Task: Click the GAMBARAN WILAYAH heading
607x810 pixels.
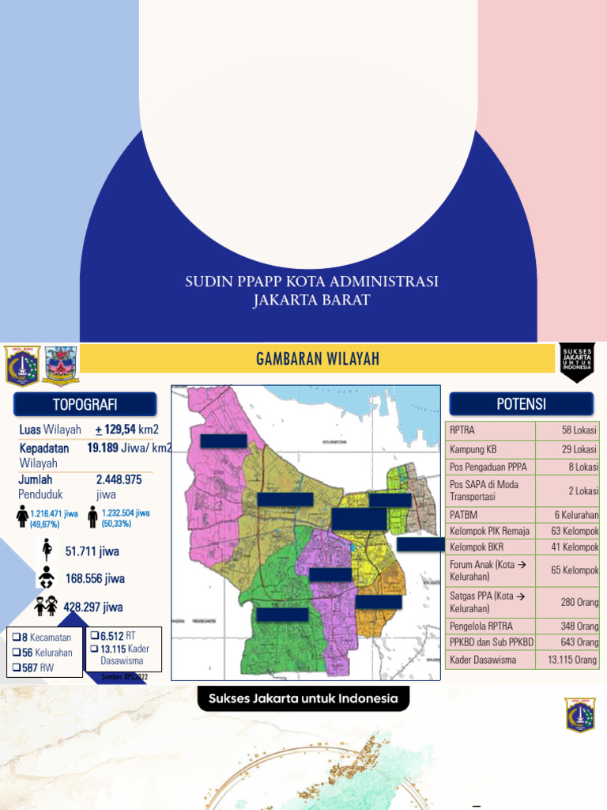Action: (318, 359)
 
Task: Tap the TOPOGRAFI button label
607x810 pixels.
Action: (85, 405)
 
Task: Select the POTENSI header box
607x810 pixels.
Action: (521, 404)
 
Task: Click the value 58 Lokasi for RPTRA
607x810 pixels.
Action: (567, 430)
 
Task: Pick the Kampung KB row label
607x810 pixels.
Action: (473, 449)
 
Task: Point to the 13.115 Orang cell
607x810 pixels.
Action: (567, 660)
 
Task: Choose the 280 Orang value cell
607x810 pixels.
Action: (567, 602)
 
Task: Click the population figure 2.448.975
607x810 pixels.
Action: (119, 479)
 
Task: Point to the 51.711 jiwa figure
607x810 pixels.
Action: (92, 551)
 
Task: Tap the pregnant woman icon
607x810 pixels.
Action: (46, 550)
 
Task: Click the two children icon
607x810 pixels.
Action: (45, 606)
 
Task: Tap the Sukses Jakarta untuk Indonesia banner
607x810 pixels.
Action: (303, 699)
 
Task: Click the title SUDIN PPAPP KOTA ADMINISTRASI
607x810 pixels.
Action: (311, 282)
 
